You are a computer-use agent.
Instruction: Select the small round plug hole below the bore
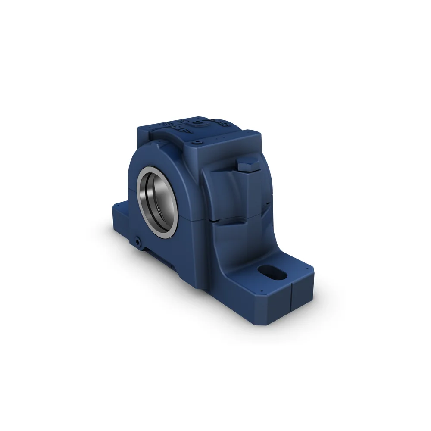point(137,243)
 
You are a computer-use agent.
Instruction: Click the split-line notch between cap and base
point(219,221)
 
